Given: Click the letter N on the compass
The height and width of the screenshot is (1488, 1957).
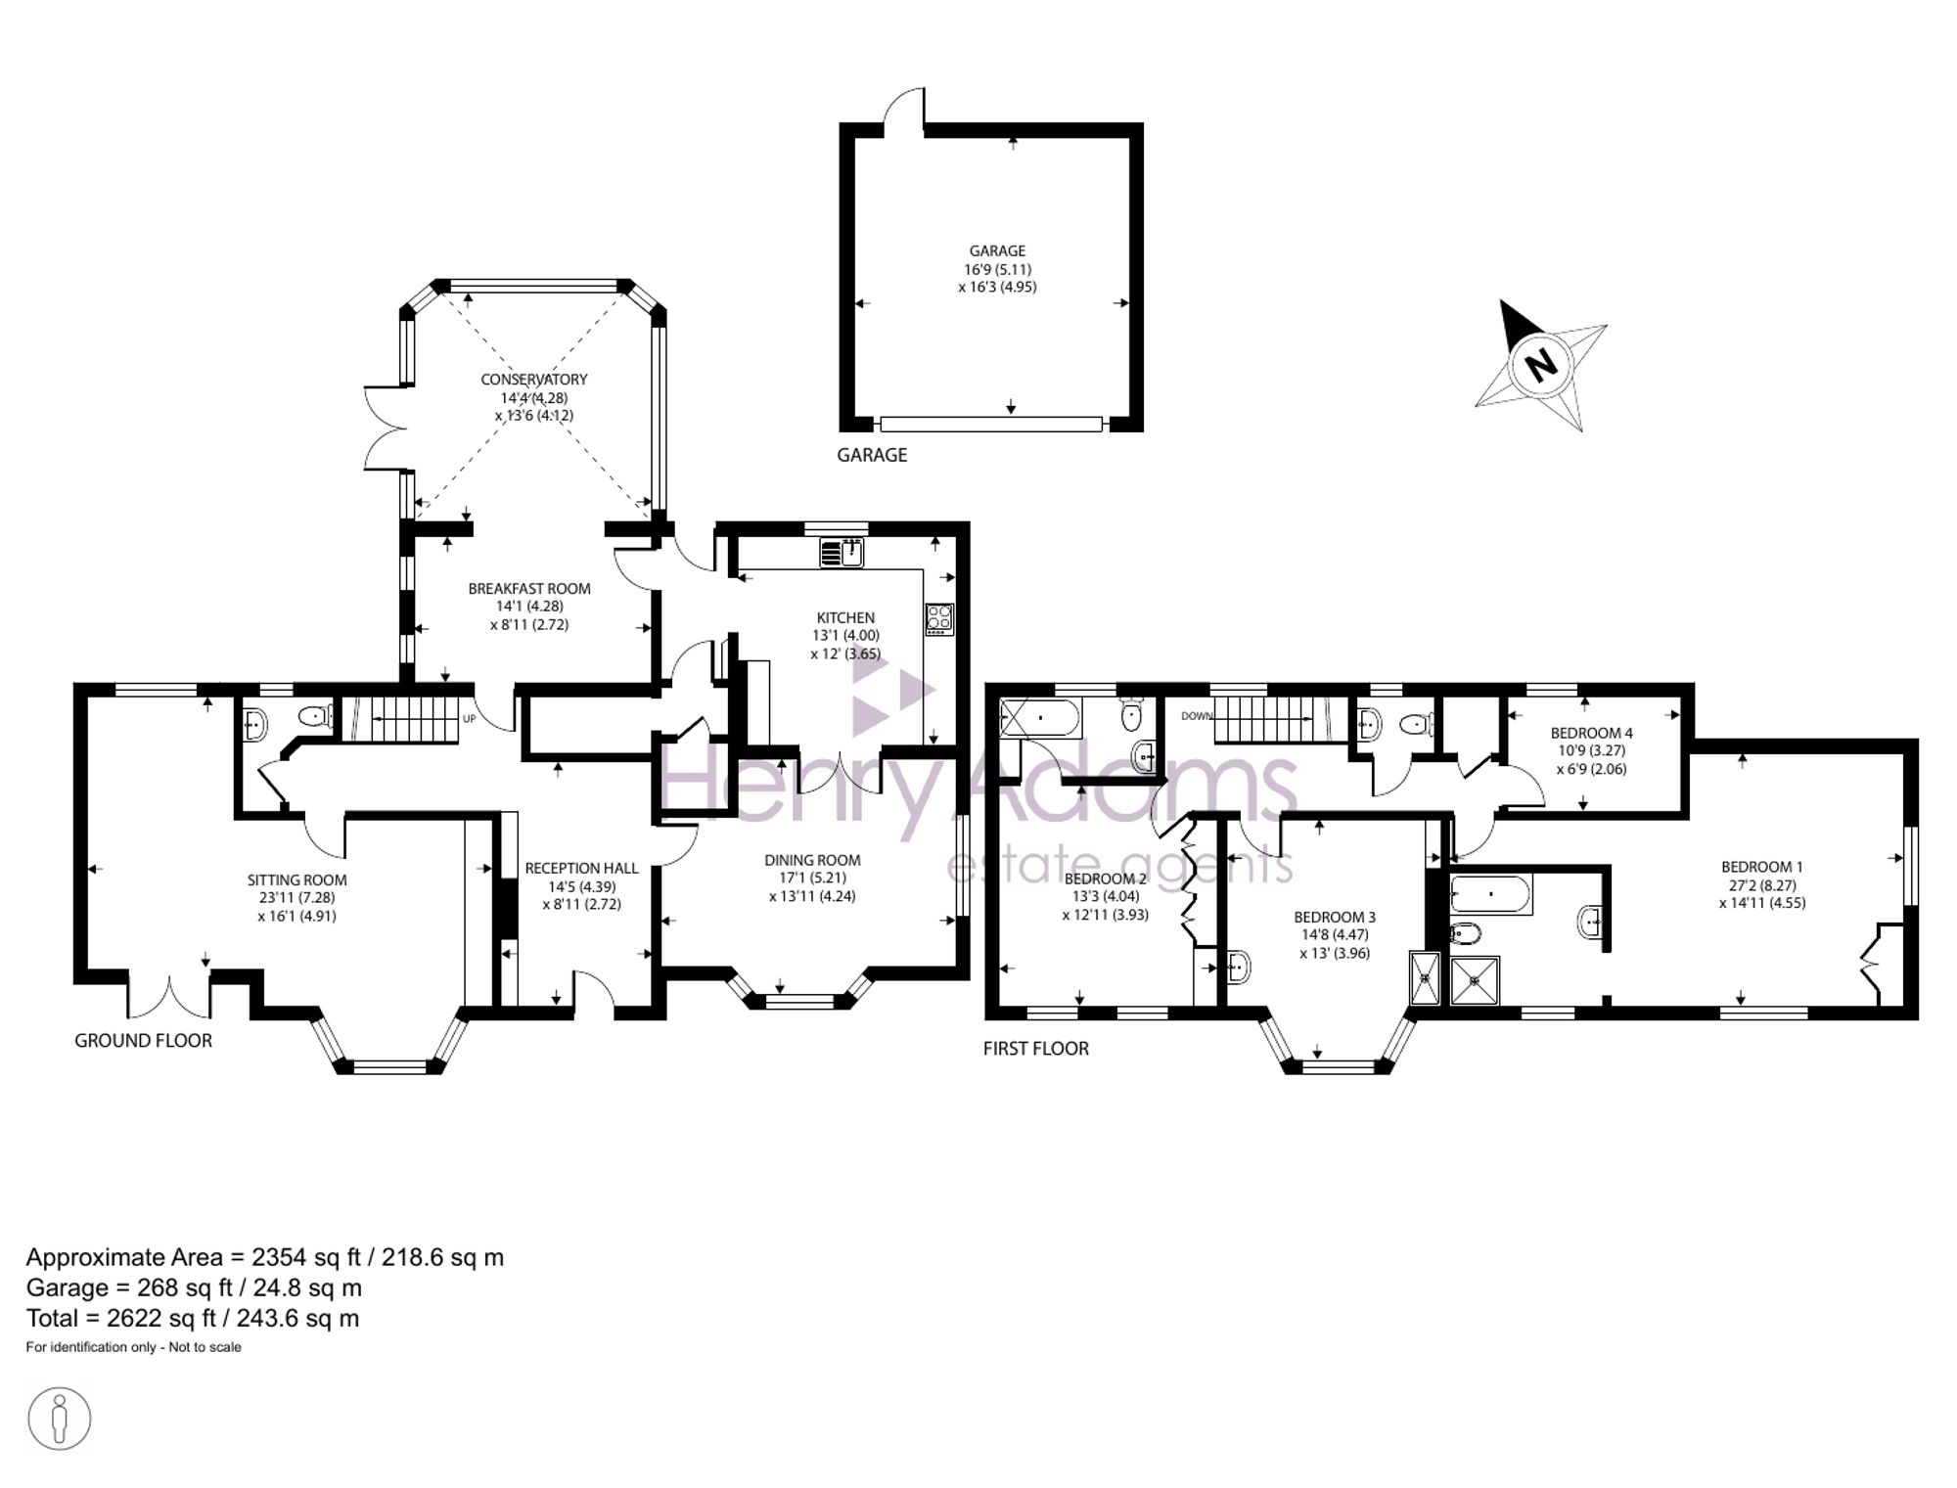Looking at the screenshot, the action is (1541, 365).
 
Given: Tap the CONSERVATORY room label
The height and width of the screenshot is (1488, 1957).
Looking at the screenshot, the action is (534, 380).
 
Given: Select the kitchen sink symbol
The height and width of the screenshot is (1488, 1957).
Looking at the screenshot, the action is (842, 553).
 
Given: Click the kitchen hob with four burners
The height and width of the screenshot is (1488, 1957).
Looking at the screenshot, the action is (939, 618).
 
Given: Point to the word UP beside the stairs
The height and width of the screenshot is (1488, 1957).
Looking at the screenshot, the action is (469, 719).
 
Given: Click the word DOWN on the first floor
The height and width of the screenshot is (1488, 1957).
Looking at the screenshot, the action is (1196, 716).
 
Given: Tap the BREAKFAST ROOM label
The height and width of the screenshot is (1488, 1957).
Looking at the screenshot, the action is (529, 589).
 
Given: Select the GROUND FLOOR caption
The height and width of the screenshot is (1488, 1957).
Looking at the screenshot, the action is (144, 1041).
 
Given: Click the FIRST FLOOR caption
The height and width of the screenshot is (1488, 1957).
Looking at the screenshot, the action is (1036, 1049).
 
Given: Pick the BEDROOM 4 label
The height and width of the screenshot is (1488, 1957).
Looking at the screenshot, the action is (1592, 733).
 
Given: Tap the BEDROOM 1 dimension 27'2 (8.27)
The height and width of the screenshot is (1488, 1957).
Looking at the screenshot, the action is (1762, 885).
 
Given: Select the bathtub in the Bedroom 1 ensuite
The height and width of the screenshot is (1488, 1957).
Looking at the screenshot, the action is (1491, 894).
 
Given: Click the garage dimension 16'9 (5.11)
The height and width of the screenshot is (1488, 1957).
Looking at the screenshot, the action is (998, 269).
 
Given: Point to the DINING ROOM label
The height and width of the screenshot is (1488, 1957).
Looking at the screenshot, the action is (813, 861).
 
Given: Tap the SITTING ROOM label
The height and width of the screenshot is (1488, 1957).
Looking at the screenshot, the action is (297, 880).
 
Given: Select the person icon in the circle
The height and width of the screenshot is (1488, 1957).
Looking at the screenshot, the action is (60, 1419).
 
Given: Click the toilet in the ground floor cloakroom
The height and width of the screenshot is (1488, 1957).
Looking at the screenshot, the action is (315, 717).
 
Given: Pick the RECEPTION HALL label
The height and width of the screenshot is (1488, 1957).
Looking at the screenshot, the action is (581, 869).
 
